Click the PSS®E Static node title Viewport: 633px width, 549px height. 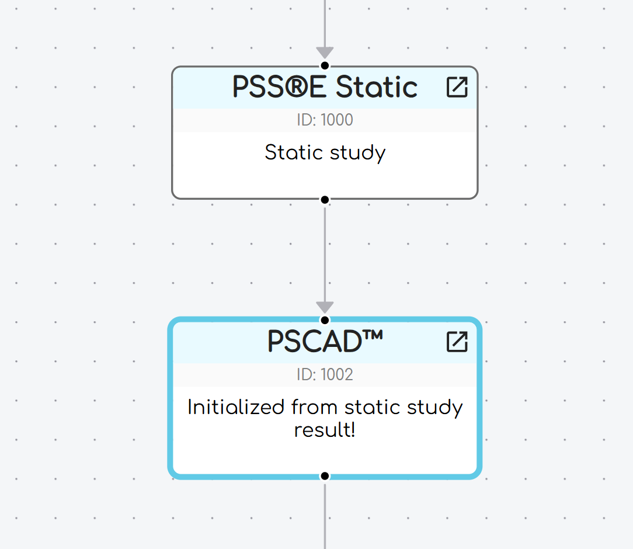point(325,88)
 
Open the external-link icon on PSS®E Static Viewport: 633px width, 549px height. point(457,87)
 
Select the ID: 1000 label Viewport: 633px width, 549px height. point(325,120)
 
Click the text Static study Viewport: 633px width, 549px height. point(325,153)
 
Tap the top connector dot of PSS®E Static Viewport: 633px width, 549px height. point(325,65)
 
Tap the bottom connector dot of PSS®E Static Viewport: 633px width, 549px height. point(325,200)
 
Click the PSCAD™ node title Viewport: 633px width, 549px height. point(325,342)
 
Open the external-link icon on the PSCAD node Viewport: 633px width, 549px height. point(457,342)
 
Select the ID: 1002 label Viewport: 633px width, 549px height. point(325,375)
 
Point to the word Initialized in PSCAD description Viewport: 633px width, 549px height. point(236,407)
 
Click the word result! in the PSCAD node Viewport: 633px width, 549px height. point(325,430)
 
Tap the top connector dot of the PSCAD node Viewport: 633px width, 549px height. point(325,320)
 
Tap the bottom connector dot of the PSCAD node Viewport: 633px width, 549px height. point(325,476)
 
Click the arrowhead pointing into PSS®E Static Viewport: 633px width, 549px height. point(325,53)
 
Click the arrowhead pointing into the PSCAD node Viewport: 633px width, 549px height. point(325,307)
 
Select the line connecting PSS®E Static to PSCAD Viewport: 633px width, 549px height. point(325,251)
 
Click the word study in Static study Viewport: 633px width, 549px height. point(357,153)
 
